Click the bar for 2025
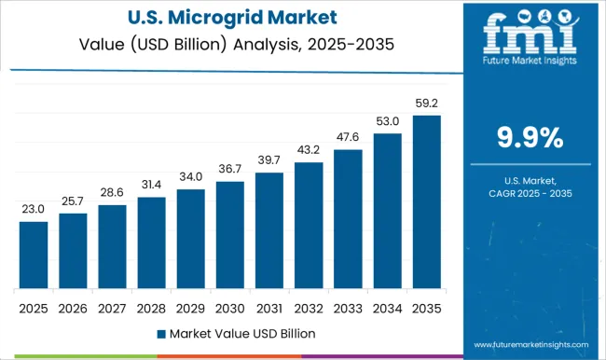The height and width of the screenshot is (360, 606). coord(33,255)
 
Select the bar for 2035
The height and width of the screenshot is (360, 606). coord(427,201)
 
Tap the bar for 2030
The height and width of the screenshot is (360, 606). coord(230,234)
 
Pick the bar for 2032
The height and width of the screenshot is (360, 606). coord(309,225)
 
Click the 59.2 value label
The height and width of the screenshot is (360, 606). coord(427,104)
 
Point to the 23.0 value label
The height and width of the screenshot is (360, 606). coord(33,210)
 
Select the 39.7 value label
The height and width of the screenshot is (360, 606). coord(269,161)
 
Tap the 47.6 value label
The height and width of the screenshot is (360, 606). coord(348,138)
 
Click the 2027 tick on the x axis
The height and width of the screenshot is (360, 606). coord(112,307)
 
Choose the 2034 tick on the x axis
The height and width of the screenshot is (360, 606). coord(388,307)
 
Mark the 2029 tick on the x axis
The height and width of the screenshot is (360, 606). coord(190,307)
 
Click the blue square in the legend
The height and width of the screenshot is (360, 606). coord(161,333)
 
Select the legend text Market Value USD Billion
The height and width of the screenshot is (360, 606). coord(241,333)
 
